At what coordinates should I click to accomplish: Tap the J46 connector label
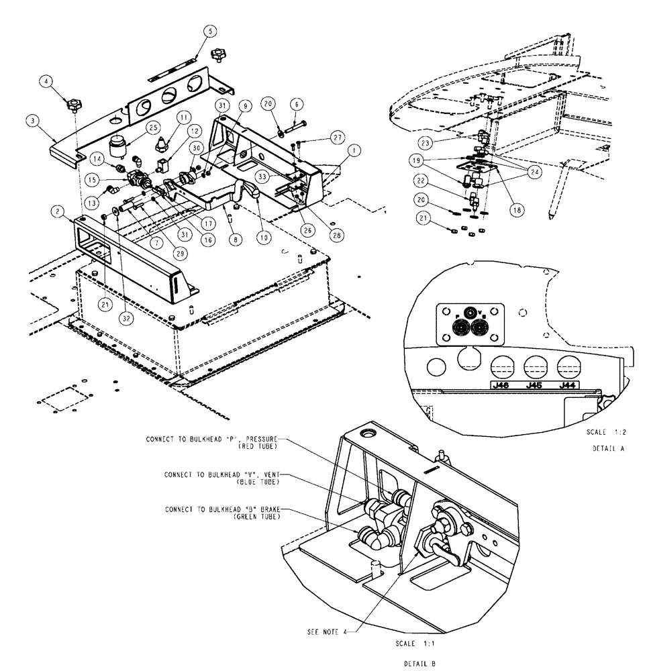[x=499, y=385]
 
